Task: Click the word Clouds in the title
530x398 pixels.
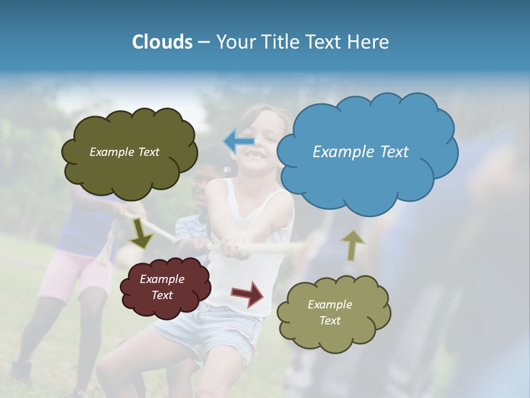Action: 162,42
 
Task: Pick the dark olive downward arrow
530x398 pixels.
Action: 141,233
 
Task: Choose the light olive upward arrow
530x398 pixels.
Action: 352,245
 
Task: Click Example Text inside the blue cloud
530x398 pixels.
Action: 361,152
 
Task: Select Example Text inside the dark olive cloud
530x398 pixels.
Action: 124,152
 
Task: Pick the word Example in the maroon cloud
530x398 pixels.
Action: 162,279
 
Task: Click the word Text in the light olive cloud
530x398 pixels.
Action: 330,321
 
